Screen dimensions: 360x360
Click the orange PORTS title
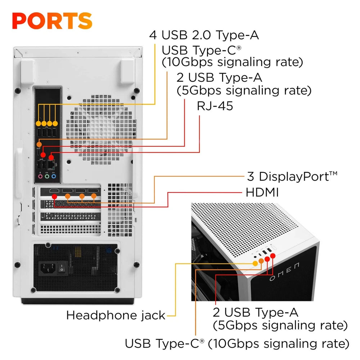(x=52, y=21)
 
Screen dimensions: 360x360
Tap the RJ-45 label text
(x=215, y=106)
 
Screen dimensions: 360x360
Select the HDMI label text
(x=262, y=192)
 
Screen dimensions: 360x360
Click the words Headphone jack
(x=116, y=315)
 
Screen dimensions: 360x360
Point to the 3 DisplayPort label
(x=292, y=176)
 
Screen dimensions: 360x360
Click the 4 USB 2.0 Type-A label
(x=204, y=35)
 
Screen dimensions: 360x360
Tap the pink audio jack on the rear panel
(x=40, y=176)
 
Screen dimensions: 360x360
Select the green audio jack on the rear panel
(x=47, y=176)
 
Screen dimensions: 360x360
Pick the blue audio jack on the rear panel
(x=54, y=176)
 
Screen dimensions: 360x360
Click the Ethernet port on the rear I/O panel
(x=51, y=165)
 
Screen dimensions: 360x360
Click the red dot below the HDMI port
(x=54, y=197)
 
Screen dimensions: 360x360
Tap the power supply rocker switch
(x=62, y=268)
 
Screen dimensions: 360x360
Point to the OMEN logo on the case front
(x=284, y=272)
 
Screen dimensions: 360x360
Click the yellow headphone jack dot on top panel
(x=255, y=264)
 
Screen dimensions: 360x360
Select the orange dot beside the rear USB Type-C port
(x=39, y=144)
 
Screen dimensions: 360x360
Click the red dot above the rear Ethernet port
(x=51, y=158)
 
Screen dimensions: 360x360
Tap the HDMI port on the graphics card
(x=54, y=190)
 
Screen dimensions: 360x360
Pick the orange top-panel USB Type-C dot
(x=261, y=261)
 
